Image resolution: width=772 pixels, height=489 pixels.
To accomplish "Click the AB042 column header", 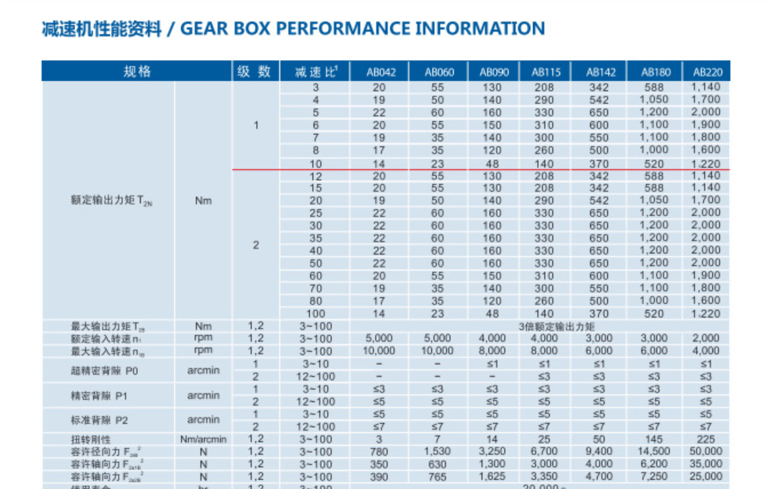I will pos(381,72).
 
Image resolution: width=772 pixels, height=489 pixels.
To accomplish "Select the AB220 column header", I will pos(707,72).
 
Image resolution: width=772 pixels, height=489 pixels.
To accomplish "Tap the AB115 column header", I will pos(546,72).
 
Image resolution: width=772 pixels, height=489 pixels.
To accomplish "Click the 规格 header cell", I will pos(137,71).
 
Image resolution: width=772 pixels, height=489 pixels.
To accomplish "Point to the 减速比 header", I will pos(316,72).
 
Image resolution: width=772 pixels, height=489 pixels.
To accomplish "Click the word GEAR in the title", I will pos(204,28).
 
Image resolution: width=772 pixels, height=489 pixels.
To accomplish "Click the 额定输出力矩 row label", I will pos(111,200).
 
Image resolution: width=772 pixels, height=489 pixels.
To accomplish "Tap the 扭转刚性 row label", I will pos(91,440).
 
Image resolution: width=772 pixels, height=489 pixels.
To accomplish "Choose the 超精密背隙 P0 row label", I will pos(104,371).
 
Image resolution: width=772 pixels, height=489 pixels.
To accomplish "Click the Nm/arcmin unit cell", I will pos(203,440).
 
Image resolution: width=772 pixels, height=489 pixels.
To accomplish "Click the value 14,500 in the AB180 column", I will pos(654,451).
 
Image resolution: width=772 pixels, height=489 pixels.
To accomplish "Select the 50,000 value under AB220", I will pos(706,451).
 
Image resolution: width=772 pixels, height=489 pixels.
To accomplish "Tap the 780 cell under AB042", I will pos(379,452).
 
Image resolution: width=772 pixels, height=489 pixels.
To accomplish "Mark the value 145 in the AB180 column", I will pos(654,439).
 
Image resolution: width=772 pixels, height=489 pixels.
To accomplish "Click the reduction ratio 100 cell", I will pos(316,313).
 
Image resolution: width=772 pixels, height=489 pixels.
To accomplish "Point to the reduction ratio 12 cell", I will pos(316,177).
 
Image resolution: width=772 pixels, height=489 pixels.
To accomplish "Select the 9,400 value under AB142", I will pos(599,451).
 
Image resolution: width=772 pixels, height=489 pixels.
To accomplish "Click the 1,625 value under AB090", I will pos(492,477).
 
